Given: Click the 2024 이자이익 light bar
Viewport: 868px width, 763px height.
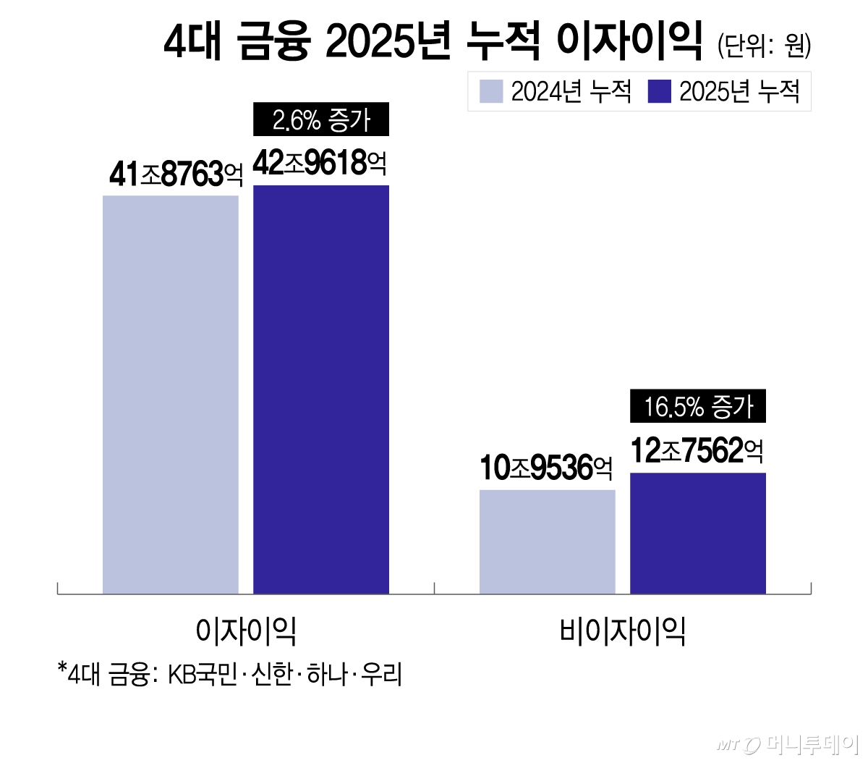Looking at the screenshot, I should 171,395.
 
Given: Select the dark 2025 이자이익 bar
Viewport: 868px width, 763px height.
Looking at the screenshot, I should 321,389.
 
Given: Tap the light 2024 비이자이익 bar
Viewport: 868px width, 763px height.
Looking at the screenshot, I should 548,541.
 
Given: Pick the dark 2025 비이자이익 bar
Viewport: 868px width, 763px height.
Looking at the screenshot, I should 698,534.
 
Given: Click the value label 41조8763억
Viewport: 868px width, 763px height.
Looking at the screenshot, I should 176,174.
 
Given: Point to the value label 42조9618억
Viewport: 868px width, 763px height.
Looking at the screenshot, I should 320,164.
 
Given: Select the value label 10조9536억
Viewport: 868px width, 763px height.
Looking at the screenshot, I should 546,468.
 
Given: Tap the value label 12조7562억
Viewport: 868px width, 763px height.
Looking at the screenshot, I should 697,451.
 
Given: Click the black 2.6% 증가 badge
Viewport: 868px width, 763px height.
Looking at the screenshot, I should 321,120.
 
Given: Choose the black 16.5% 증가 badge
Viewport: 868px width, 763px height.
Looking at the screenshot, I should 698,407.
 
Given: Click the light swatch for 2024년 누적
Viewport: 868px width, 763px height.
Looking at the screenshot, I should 491,92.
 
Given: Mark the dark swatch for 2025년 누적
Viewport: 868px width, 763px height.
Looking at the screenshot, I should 660,92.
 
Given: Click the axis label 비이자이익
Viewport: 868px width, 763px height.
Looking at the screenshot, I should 623,631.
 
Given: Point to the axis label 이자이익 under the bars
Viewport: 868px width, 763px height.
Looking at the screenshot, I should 246,631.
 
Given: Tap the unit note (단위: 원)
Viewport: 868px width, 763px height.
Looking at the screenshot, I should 764,46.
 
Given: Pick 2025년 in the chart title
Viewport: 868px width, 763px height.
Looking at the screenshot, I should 388,42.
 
